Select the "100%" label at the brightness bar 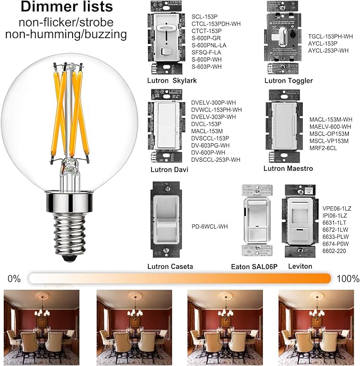coord(347,278)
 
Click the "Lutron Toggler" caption coord(288,81)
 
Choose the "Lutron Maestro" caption coord(288,169)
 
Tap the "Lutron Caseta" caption coord(172,266)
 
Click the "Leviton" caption coord(301,266)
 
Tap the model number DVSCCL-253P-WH coord(215,160)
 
